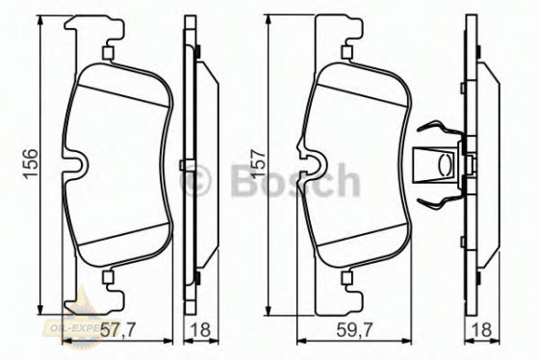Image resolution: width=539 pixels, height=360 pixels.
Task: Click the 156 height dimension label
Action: (31, 159)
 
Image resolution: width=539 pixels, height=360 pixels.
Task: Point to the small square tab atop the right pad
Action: (344, 53)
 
